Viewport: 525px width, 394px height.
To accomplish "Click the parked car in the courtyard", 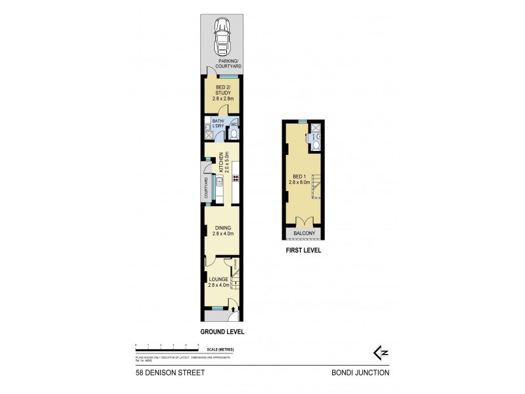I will tap(222, 39).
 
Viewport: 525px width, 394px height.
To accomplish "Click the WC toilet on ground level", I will tap(234, 135).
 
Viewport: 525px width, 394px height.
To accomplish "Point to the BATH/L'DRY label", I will tap(218, 123).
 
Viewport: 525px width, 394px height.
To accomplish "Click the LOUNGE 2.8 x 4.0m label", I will tap(219, 282).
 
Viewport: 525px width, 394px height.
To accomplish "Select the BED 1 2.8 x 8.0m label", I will tap(303, 180).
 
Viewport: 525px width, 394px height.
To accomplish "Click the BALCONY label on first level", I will tap(303, 233).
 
